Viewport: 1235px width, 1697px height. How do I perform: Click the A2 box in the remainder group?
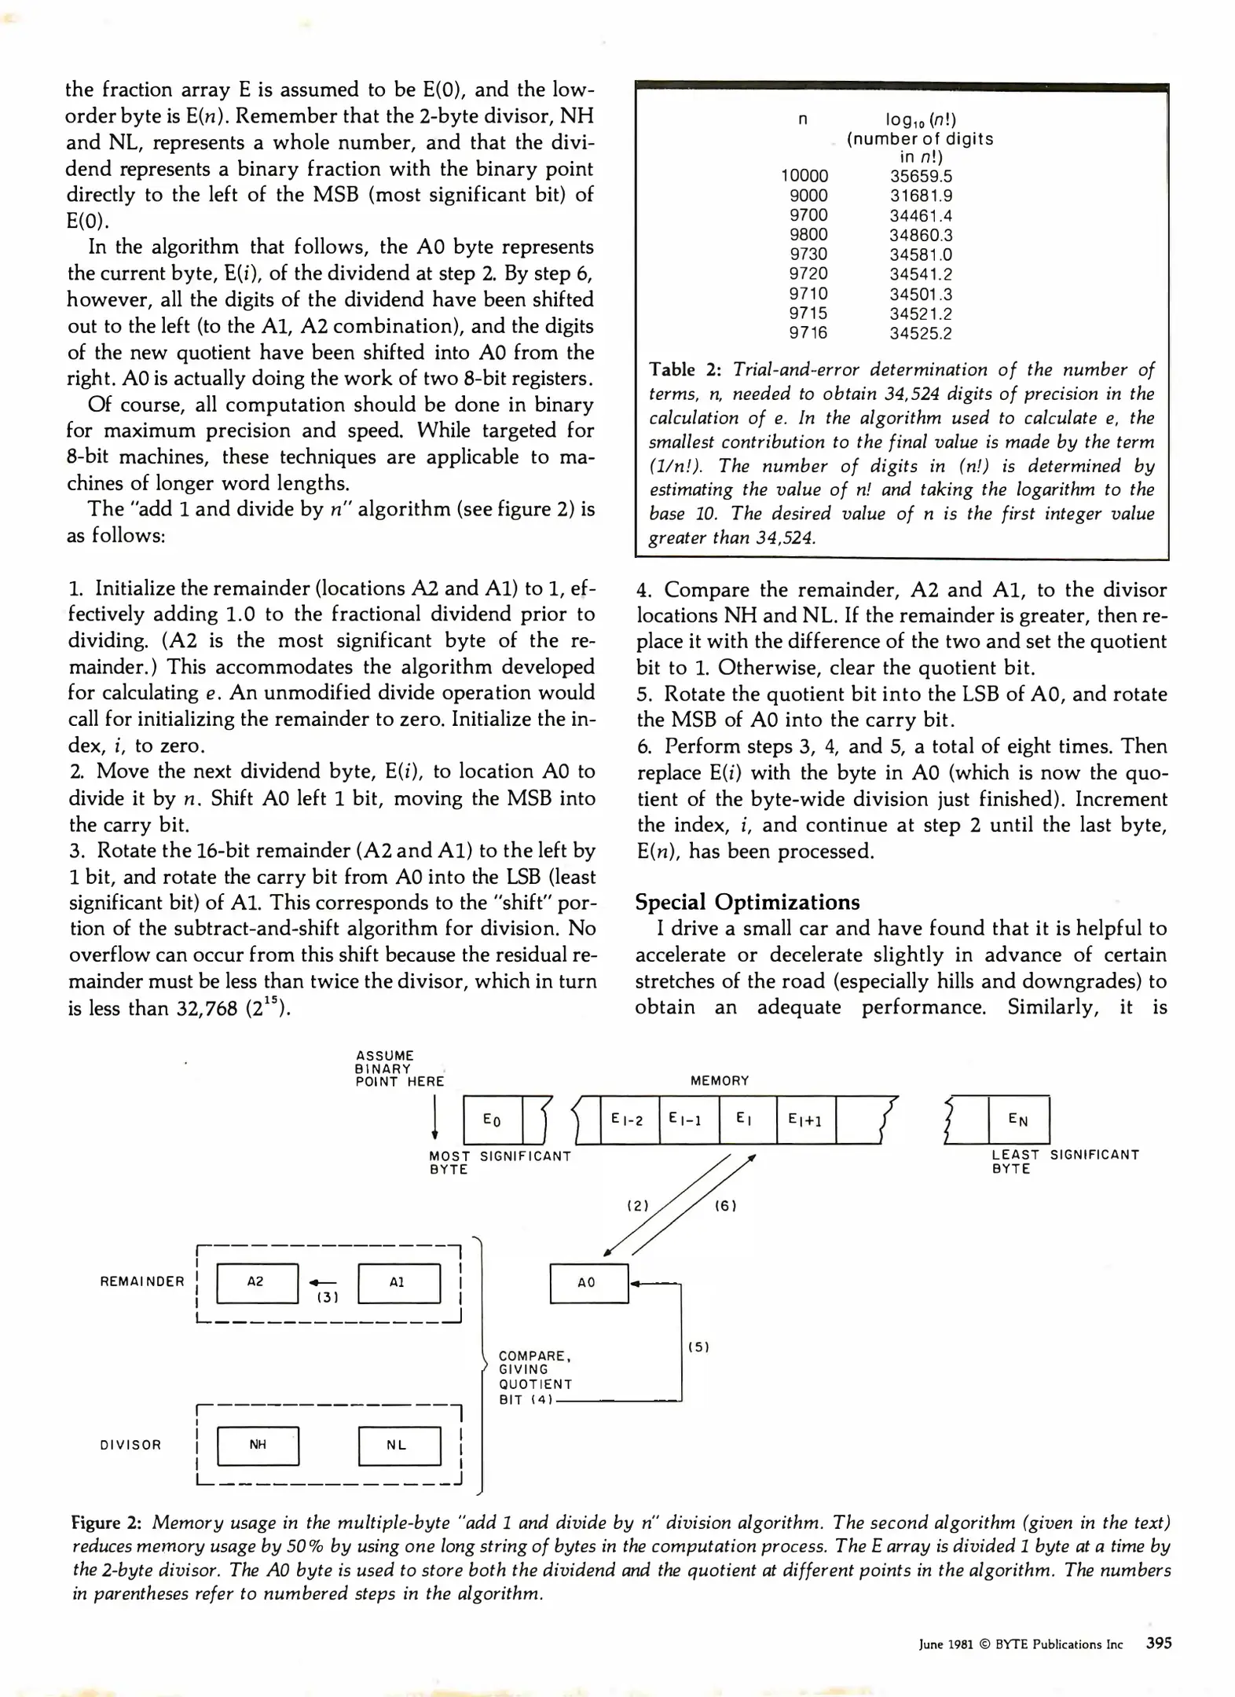[x=257, y=1283]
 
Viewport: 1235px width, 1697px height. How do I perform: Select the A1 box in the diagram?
[x=398, y=1283]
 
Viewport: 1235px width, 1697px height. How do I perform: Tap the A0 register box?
[x=588, y=1283]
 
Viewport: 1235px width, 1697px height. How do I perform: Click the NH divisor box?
[x=258, y=1446]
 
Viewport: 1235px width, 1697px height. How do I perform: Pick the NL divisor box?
[x=399, y=1446]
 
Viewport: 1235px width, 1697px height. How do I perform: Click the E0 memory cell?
[x=493, y=1120]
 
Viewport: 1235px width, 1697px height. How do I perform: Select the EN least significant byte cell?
[x=1018, y=1120]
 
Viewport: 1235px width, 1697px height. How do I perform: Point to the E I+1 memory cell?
[x=805, y=1120]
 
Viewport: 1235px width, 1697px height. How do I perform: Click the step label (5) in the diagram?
[x=698, y=1347]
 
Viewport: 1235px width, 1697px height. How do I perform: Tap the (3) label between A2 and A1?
[x=327, y=1297]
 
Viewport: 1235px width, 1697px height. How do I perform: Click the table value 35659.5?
[x=920, y=176]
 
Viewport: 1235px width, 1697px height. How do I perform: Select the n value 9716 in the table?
[x=808, y=333]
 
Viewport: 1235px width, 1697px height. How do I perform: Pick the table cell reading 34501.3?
[x=920, y=294]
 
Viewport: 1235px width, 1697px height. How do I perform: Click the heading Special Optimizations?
[x=747, y=902]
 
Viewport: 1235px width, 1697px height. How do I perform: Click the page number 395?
[x=1159, y=1643]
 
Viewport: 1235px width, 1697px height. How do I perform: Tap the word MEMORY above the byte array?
[x=720, y=1081]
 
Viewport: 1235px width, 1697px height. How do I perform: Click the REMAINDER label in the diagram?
[x=142, y=1281]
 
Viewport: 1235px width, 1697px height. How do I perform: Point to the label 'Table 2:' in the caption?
[x=683, y=370]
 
